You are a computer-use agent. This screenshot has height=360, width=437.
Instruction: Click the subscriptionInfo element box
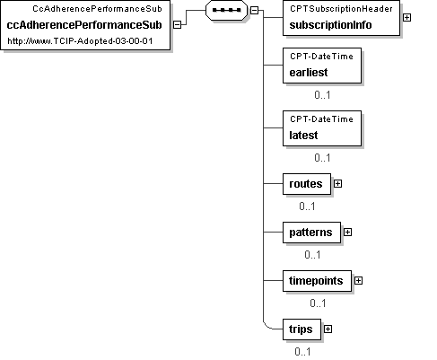(x=341, y=18)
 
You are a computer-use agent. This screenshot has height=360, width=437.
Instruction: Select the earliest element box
(x=322, y=66)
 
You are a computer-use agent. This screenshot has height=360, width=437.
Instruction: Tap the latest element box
(x=322, y=128)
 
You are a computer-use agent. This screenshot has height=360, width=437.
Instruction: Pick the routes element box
(x=307, y=184)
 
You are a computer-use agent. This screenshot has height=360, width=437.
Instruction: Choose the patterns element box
(x=311, y=233)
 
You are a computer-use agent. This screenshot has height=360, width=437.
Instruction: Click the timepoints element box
(x=317, y=281)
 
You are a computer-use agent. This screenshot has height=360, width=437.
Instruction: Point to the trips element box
(x=302, y=329)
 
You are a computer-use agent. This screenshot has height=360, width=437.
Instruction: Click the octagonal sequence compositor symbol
(x=227, y=10)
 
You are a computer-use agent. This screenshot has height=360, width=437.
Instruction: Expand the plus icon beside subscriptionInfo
(x=406, y=18)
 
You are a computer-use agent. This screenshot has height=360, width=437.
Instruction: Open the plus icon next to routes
(x=337, y=184)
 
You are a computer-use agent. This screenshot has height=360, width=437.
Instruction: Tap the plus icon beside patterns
(x=347, y=233)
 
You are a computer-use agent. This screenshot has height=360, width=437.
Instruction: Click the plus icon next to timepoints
(x=358, y=281)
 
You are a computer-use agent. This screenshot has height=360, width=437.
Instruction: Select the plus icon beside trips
(x=328, y=329)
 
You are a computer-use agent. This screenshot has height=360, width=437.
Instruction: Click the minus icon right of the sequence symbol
(x=254, y=11)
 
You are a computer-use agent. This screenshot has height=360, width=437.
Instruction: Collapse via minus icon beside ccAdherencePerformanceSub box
(x=177, y=25)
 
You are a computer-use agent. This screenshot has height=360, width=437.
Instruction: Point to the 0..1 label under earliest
(x=322, y=95)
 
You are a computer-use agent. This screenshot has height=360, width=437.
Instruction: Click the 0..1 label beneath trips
(x=302, y=352)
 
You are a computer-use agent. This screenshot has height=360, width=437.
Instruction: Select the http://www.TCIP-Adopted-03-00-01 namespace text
(x=80, y=41)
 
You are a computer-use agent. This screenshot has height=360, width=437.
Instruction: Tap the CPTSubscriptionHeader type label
(x=341, y=9)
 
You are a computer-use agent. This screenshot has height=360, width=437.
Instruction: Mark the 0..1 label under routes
(x=307, y=206)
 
